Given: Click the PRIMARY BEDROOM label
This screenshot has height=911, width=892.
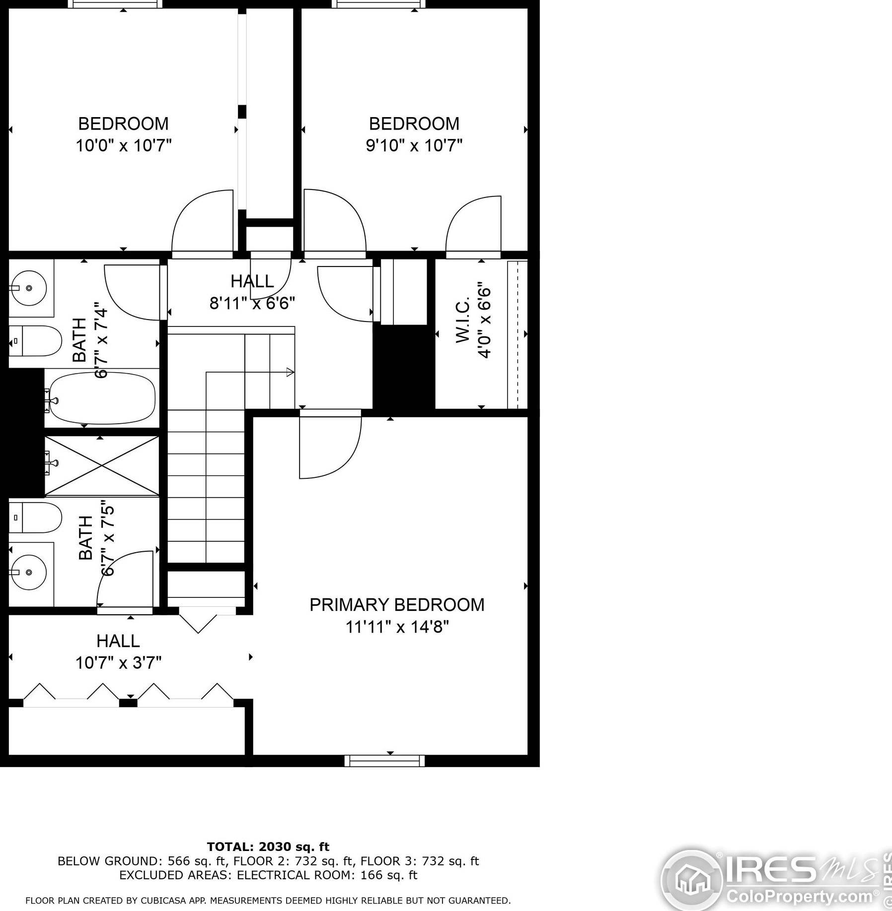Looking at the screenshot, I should (x=397, y=604).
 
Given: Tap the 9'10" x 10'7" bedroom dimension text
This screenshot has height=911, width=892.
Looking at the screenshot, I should (x=414, y=145).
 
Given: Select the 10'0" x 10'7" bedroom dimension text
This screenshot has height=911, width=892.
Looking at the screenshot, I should (x=124, y=145).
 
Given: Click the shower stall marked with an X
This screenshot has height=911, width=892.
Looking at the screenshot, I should (x=102, y=465).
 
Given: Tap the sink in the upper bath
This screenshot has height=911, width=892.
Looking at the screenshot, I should (x=29, y=288).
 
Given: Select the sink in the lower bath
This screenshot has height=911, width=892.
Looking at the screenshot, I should (x=29, y=572).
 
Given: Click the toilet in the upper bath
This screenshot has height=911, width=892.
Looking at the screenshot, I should (x=35, y=341).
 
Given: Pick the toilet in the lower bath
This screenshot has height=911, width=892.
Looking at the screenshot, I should (x=35, y=517).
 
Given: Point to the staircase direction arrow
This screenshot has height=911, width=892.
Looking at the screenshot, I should (x=290, y=372).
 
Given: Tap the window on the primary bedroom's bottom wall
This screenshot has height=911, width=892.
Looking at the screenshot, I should (x=384, y=761).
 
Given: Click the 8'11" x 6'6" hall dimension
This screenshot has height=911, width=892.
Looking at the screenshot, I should (x=252, y=303).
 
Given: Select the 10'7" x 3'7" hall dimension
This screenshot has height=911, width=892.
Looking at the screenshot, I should (x=118, y=662).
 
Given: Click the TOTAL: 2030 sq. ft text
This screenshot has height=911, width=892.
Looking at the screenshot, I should (x=268, y=847).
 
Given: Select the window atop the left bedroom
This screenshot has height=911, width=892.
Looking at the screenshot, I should (x=115, y=4).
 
